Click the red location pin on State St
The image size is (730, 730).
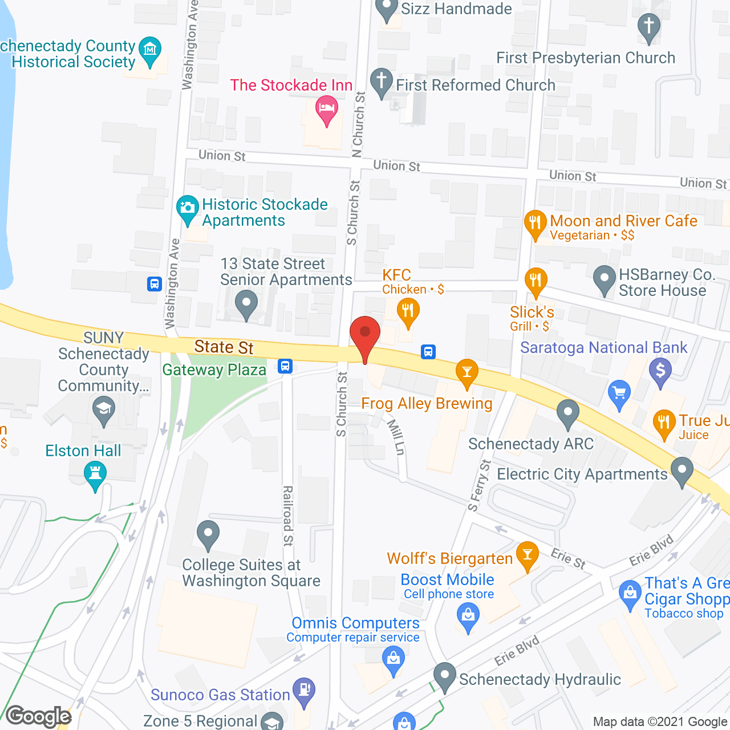(x=364, y=334)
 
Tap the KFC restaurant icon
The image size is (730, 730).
(x=408, y=311)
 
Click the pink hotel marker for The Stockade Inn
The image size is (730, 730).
(x=327, y=108)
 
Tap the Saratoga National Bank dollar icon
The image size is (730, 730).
(x=660, y=370)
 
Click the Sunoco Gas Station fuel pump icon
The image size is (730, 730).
(x=304, y=690)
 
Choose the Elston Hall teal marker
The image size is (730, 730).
(x=95, y=473)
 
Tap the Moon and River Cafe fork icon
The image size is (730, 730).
(x=535, y=222)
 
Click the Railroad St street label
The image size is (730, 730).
(x=288, y=516)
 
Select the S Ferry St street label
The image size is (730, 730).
(x=479, y=485)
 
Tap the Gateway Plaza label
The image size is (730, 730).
(x=214, y=370)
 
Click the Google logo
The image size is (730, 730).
(x=38, y=716)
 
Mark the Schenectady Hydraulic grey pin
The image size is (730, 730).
(x=444, y=674)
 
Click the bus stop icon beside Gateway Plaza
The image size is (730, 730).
(x=285, y=366)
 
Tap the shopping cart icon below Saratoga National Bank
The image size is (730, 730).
(x=619, y=393)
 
